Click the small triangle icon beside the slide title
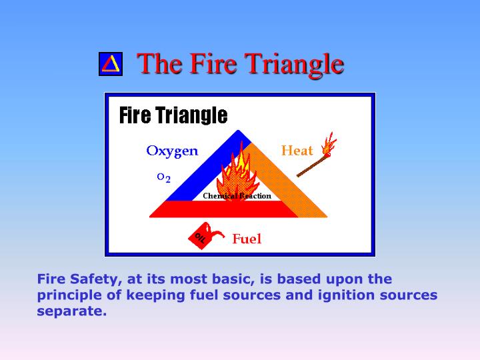tap(111, 64)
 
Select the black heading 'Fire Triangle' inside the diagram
tap(173, 116)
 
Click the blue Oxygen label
tap(172, 151)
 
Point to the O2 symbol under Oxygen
tap(163, 177)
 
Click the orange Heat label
tap(297, 151)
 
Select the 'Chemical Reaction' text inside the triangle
tap(237, 196)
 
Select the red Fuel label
tap(247, 239)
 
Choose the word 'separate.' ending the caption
tap(71, 311)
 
